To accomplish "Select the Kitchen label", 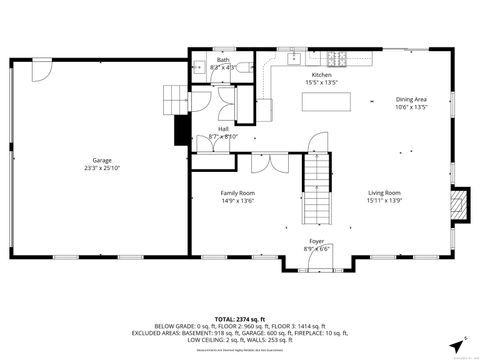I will pos(321,75).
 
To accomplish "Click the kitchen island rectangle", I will pos(338,101).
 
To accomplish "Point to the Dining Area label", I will pos(411,99).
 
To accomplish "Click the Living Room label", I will pos(384,192).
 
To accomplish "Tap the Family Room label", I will pos(238,192).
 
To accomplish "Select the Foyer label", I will pos(315,241).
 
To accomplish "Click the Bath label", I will pos(223,60).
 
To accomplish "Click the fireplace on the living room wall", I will pos(458,205).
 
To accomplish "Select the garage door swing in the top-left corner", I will pos(42,72).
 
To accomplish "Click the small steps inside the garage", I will pos(175,98).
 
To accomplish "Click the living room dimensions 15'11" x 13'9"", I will pos(384,200).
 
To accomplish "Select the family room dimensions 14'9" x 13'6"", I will pos(238,200).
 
